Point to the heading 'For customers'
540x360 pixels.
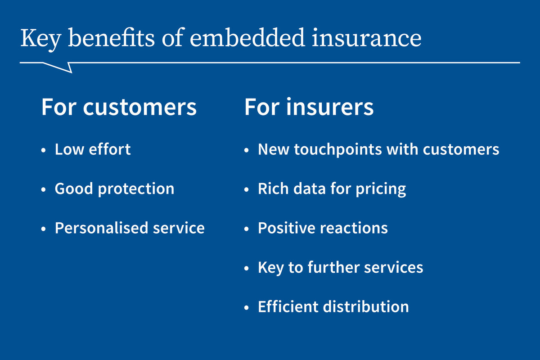119,108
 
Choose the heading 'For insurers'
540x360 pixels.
309,108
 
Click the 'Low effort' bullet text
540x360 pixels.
93,149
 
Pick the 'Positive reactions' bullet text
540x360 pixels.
323,228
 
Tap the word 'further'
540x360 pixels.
332,267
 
